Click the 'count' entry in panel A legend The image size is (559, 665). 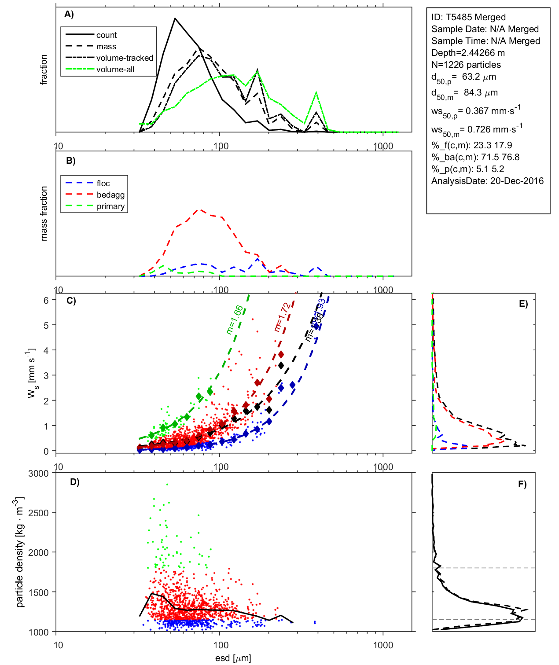click(107, 35)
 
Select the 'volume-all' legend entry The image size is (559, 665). click(115, 70)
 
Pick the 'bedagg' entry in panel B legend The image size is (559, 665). click(110, 195)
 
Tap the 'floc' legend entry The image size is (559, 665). click(103, 184)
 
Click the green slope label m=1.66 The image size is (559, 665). click(235, 320)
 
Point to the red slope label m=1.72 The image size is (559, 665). click(282, 317)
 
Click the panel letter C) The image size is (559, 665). click(71, 301)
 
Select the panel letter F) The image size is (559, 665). click(522, 484)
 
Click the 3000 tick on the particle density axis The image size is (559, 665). click(38, 474)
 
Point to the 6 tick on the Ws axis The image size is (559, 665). click(46, 300)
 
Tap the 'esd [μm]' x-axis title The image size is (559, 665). click(233, 658)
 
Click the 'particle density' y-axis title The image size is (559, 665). click(20, 552)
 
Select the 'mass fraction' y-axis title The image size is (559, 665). click(44, 213)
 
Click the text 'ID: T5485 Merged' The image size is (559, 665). click(468, 17)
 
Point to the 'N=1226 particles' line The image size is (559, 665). click(466, 65)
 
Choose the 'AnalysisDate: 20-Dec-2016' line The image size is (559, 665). click(487, 181)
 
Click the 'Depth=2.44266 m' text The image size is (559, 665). click(468, 53)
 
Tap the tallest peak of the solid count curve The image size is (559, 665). click(175, 18)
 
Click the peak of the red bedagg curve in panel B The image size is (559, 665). click(200, 209)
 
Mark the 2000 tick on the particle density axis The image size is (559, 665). click(38, 553)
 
